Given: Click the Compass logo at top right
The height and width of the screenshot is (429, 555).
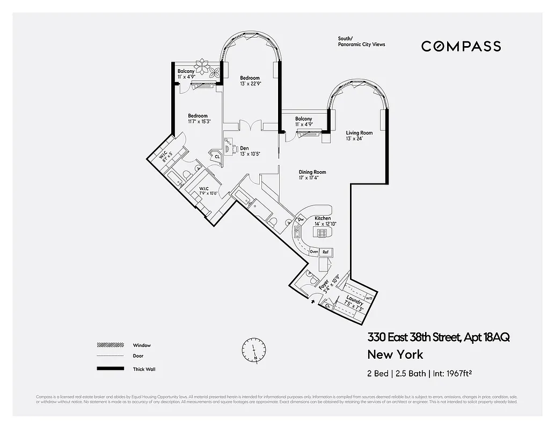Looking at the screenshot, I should [x=461, y=46].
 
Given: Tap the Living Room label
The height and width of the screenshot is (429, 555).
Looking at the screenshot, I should [x=359, y=133].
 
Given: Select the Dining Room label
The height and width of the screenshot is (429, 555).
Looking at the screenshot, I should [x=312, y=172].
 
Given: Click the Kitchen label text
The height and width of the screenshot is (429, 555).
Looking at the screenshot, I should [x=323, y=218].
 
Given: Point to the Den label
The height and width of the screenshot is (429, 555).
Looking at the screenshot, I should [x=244, y=148].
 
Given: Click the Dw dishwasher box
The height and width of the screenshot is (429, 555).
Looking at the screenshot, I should [x=301, y=219].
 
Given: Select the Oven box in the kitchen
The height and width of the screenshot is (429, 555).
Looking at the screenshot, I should [x=314, y=252].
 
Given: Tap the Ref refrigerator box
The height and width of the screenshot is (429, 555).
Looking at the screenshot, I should [x=325, y=252].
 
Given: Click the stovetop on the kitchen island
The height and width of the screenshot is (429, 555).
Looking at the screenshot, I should [x=322, y=233].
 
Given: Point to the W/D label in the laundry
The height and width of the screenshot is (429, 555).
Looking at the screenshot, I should [x=369, y=298].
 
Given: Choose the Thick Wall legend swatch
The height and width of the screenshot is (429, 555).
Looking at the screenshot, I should [x=109, y=369].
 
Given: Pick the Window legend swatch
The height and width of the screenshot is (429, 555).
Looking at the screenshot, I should [x=109, y=345].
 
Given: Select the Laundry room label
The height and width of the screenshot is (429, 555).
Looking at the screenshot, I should [x=354, y=301].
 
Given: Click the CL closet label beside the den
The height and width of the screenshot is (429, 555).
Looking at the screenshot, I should [x=217, y=157].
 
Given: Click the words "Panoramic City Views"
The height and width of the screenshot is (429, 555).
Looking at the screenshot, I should [x=361, y=45].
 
